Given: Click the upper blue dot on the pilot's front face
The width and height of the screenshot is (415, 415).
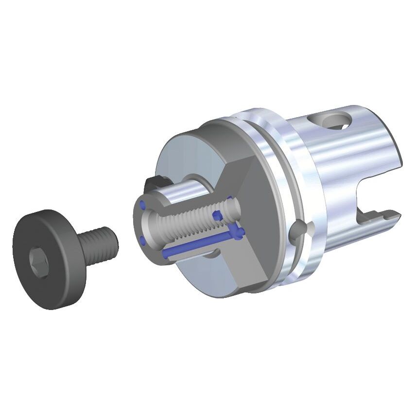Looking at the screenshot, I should [142, 205].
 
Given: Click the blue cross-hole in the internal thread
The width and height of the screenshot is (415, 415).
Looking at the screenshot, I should [217, 214].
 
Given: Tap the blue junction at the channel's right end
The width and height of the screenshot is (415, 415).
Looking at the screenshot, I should [237, 233].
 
